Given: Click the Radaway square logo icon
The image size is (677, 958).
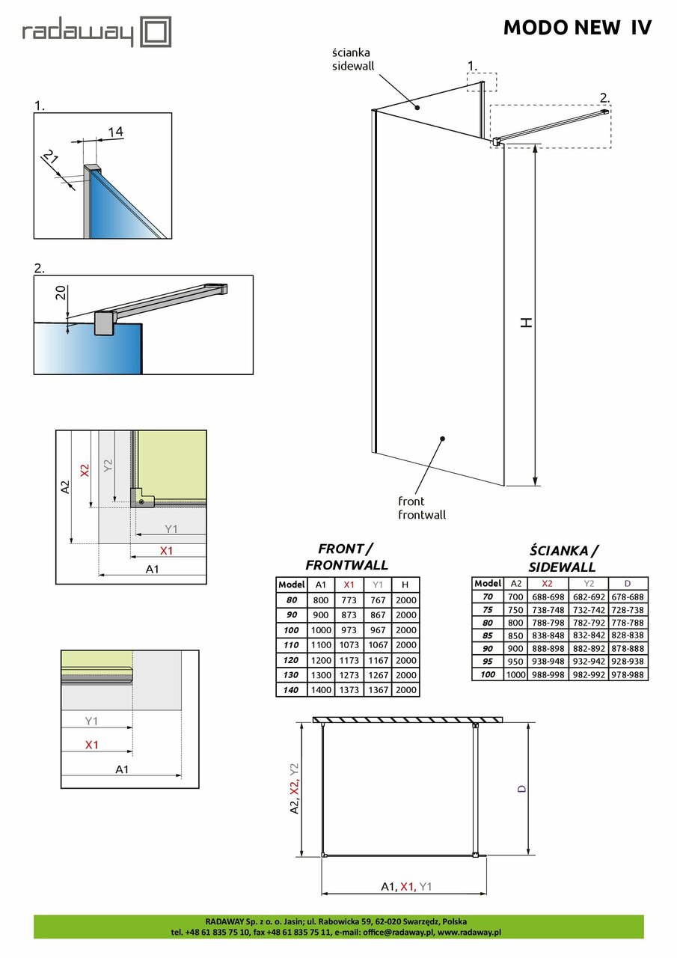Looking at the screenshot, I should point(156,32).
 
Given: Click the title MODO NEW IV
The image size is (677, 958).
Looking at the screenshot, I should point(577,28).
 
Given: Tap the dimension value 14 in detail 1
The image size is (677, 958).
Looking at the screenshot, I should point(115,132).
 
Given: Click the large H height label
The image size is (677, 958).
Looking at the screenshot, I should point(527,322).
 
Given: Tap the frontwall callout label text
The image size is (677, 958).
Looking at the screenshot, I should point(421,515).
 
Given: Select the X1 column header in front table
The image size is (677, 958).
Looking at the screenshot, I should point(348,585).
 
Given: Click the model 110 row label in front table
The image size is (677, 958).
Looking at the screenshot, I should point(291,644).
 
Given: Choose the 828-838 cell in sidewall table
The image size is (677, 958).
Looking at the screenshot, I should point(628,634).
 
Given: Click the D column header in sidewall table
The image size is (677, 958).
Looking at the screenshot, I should point(628,583).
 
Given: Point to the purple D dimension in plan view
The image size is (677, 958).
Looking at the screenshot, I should point(521,788).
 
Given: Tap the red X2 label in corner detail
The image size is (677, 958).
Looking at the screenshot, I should point(85,470).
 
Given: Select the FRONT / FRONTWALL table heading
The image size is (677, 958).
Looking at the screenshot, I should point(346,556).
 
